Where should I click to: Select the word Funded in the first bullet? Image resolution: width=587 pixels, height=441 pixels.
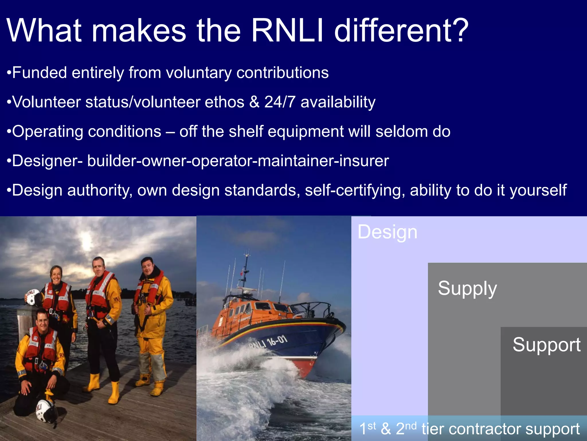tap(40, 73)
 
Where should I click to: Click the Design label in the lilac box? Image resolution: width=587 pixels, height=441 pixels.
tap(387, 232)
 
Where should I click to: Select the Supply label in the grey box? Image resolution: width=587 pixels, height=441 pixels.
tap(467, 288)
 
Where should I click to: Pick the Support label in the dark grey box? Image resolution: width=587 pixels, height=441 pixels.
tap(546, 345)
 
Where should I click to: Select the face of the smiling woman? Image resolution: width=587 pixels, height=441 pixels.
tap(56, 275)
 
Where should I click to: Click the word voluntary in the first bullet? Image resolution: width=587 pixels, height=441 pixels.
tap(199, 73)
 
